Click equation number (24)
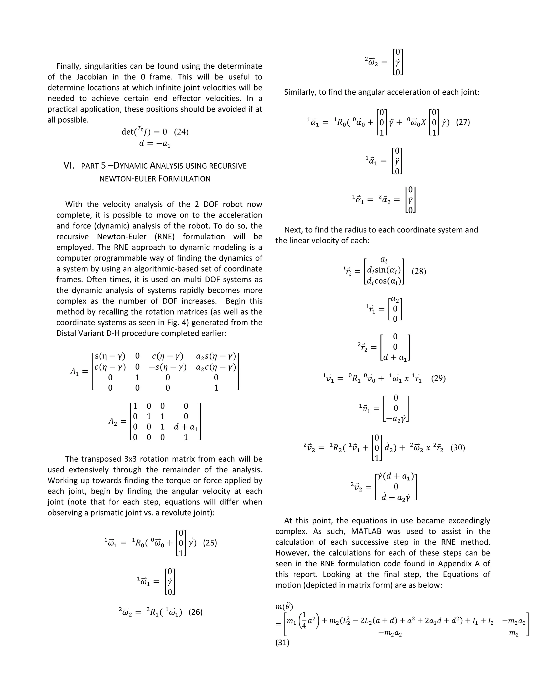point(181,132)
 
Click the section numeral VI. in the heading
point(69,166)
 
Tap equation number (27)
point(463,122)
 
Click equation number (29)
point(438,378)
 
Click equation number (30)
point(458,447)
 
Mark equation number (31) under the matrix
point(282,643)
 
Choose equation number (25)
point(210,543)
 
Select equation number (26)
point(195,612)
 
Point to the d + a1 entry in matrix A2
point(185,427)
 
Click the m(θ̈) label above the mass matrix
point(284,606)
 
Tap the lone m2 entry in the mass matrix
point(514,634)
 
